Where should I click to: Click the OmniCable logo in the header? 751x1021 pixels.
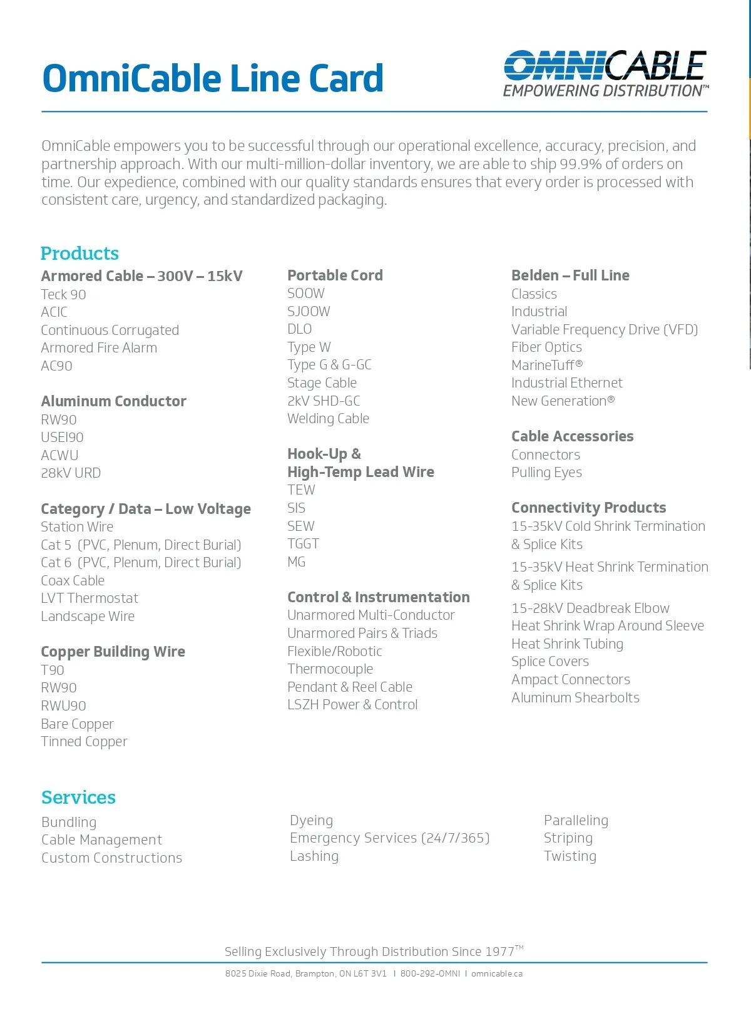(605, 74)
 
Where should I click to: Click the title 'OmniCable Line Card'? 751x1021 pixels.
(213, 78)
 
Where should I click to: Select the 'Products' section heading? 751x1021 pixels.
(79, 254)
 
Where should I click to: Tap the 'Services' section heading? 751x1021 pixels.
(78, 798)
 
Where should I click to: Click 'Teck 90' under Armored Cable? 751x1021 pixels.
(63, 294)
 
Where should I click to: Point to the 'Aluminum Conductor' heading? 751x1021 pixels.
(113, 401)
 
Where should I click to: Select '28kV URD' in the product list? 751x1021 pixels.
(71, 473)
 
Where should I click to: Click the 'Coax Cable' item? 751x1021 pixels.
(73, 581)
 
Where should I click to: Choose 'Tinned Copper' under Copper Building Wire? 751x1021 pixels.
(84, 742)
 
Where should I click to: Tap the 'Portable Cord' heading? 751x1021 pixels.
(335, 275)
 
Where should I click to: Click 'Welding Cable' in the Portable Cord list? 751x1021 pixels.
(328, 419)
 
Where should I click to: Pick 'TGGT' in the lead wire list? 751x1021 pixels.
(303, 544)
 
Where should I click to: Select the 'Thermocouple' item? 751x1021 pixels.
(330, 669)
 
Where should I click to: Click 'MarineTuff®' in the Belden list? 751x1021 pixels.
(547, 365)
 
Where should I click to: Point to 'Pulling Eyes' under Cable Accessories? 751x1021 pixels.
(546, 473)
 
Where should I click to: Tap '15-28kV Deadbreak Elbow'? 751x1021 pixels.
(590, 608)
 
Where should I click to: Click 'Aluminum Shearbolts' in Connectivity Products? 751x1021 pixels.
(575, 698)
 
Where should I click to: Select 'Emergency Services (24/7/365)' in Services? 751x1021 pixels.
(389, 838)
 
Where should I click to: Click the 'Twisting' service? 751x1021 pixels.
(570, 856)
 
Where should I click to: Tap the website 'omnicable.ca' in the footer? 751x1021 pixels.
(496, 974)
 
